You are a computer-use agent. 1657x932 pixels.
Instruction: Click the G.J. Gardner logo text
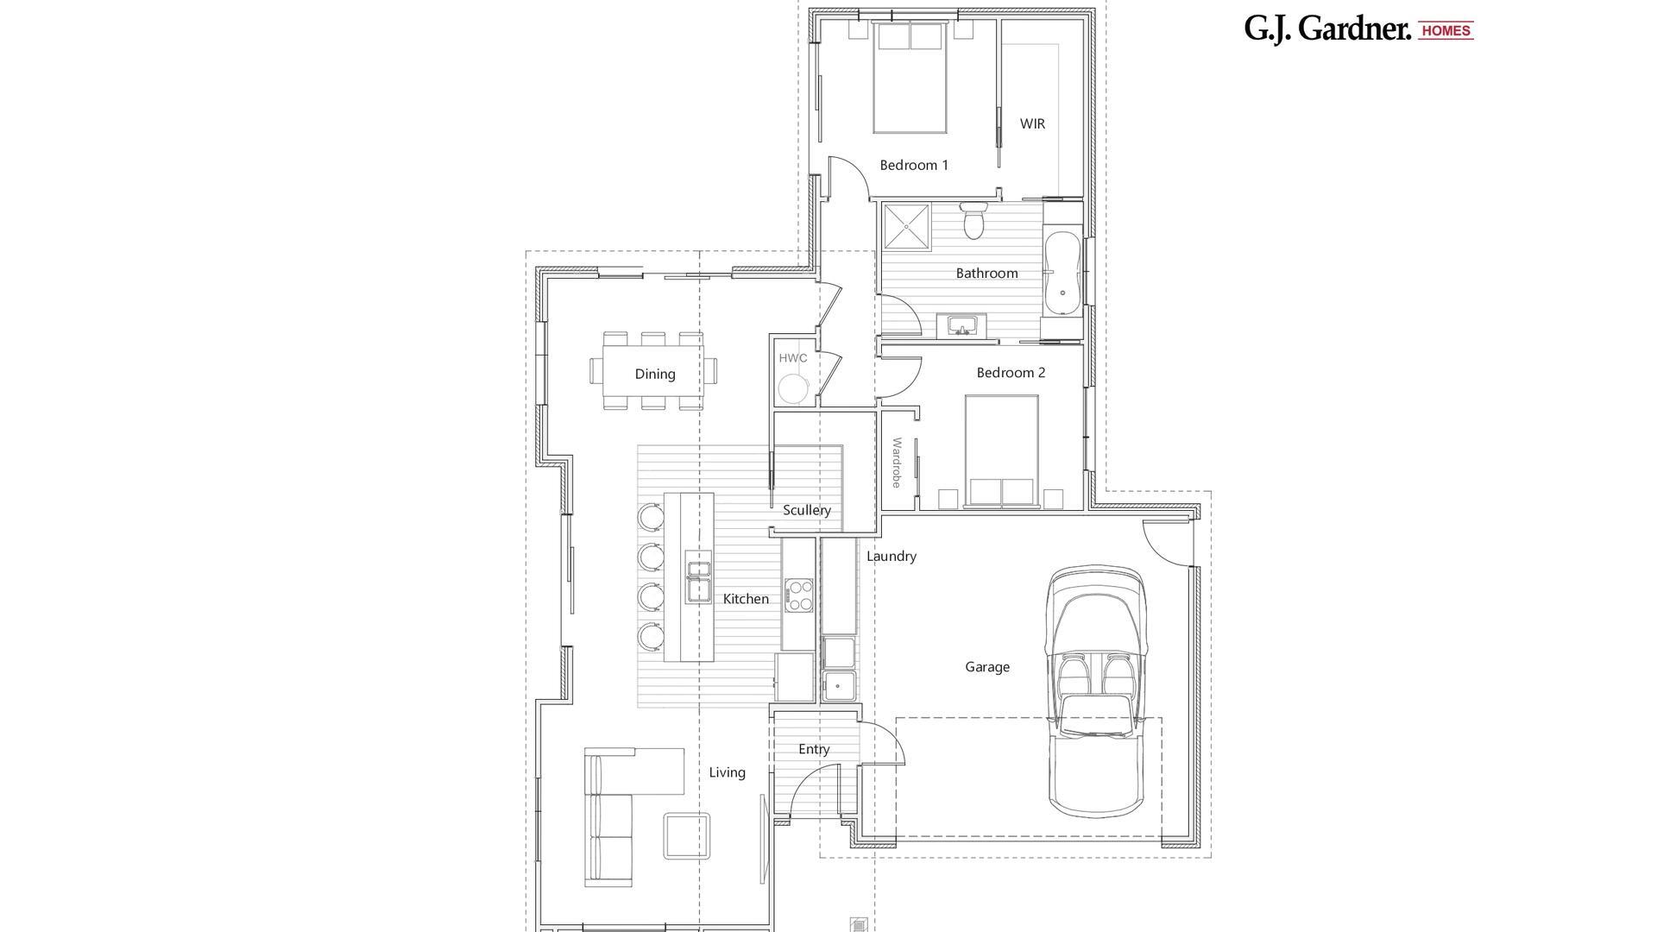[1326, 28]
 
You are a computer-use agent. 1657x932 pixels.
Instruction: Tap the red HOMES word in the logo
[1446, 30]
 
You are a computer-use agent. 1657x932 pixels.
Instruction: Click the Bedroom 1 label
[913, 165]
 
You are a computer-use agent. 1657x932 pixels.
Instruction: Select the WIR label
[1031, 123]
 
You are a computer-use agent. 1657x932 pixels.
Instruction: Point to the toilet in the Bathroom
[974, 221]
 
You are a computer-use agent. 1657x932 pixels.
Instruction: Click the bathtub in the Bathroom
[1062, 273]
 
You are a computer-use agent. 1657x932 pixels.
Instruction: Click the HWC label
[792, 358]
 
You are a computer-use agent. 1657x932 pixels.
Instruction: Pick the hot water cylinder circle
[794, 388]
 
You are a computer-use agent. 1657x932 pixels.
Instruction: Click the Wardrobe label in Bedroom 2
[897, 463]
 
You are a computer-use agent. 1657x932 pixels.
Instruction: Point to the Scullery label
[806, 510]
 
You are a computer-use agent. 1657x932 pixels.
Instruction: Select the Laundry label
[891, 557]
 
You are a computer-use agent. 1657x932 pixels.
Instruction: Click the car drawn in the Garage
[1095, 690]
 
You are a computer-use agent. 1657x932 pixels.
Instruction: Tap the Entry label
[813, 749]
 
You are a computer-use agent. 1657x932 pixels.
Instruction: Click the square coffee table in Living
[687, 835]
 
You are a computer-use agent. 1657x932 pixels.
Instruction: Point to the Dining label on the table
[654, 374]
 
